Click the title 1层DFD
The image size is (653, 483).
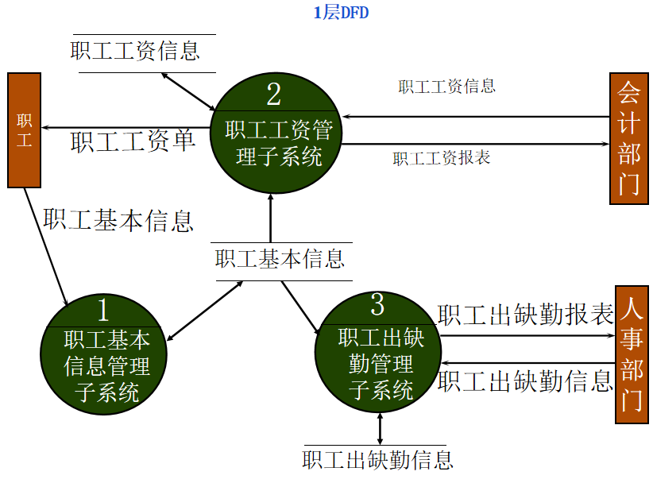342,13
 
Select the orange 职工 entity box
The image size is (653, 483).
24,130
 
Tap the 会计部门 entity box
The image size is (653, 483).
628,138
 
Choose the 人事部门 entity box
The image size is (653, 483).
632,354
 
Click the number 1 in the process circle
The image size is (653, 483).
103,309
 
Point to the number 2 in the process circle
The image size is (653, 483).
274,94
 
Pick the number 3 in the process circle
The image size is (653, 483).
377,303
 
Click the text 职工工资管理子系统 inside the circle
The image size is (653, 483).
277,143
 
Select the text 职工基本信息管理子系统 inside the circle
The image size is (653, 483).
106,366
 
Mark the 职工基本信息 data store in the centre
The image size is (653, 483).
280,259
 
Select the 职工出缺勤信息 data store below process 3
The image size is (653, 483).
378,459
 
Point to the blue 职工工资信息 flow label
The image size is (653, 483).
447,87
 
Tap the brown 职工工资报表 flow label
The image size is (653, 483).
442,158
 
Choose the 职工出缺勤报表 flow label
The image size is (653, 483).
525,315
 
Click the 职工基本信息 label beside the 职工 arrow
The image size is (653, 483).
118,220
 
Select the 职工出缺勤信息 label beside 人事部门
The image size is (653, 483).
525,382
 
